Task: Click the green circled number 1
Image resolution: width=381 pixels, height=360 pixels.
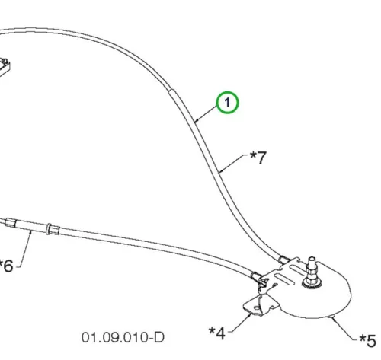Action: [x=227, y=103]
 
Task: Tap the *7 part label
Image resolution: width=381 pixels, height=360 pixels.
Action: [x=258, y=158]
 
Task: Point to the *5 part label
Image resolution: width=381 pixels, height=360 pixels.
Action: [x=367, y=340]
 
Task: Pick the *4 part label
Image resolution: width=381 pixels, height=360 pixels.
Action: [x=216, y=333]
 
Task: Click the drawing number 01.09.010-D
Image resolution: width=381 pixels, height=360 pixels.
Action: [x=123, y=337]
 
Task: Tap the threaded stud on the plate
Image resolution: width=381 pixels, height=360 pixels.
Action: [x=312, y=265]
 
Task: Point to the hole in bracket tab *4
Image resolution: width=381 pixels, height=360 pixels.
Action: [x=257, y=308]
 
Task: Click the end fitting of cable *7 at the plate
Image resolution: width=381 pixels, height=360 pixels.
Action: [x=284, y=260]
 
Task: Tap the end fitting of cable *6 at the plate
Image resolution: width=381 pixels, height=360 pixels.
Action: [x=256, y=276]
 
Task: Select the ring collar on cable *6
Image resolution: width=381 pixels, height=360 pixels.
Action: [x=49, y=229]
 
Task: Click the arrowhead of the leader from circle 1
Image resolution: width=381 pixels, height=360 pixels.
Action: [x=196, y=121]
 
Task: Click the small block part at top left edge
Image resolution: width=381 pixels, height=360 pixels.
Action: [x=4, y=67]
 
